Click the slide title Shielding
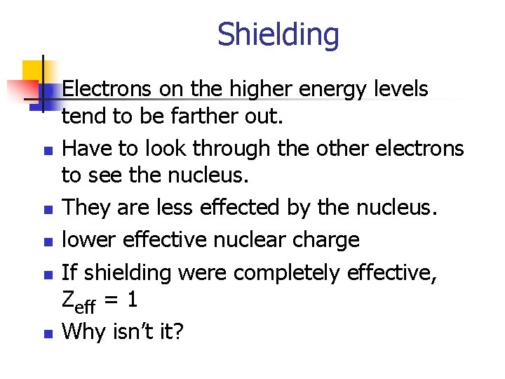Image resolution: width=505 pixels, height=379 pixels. pyautogui.click(x=278, y=34)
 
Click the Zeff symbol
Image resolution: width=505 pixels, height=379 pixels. pyautogui.click(x=79, y=301)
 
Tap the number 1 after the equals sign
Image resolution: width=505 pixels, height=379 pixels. pyautogui.click(x=132, y=300)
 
